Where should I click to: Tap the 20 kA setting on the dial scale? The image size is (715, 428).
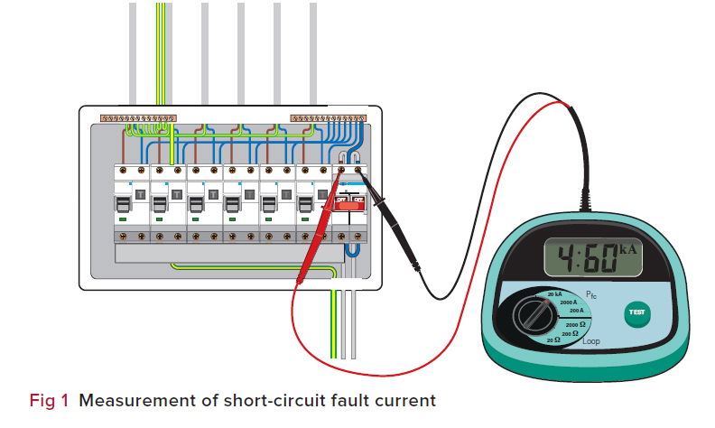coord(555,295)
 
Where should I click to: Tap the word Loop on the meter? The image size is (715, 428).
coord(590,341)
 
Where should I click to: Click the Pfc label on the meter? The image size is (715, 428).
coord(592,294)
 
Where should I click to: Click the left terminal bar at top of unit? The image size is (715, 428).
coord(137,118)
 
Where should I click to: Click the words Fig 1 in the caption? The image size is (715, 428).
coord(50,398)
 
